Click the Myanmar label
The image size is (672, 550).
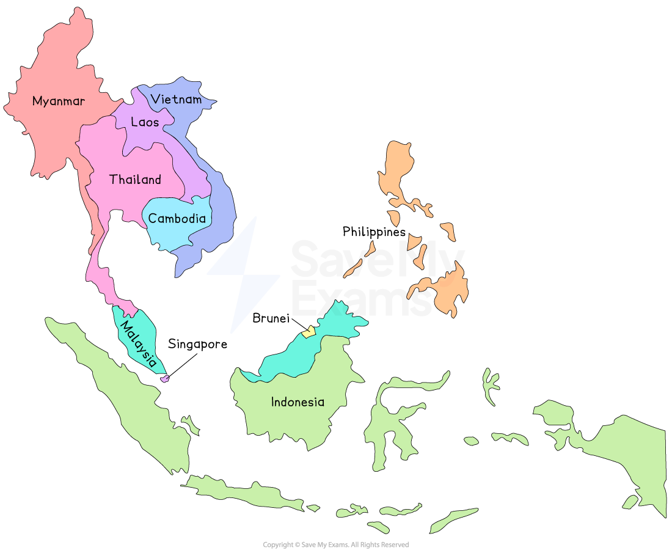[59, 101]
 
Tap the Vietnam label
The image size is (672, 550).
[176, 99]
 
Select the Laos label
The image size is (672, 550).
[145, 122]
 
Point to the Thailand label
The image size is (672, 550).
[135, 180]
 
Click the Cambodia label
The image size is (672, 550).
[177, 218]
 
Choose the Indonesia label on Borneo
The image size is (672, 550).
[298, 402]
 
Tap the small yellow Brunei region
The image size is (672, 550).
[309, 332]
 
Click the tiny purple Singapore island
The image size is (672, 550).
[164, 379]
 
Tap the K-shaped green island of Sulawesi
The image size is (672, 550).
[391, 422]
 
